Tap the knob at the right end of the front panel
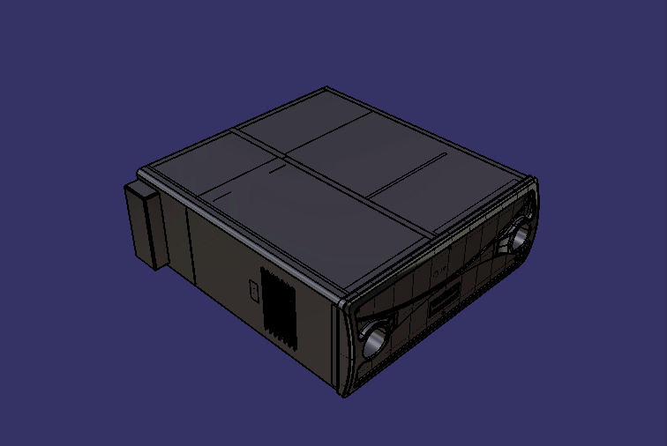coord(518,235)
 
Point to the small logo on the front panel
coord(440,273)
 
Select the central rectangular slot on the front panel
coord(444,300)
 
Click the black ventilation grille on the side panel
coord(281,304)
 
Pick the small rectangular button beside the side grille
coord(253,288)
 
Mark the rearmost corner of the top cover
coord(327,87)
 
